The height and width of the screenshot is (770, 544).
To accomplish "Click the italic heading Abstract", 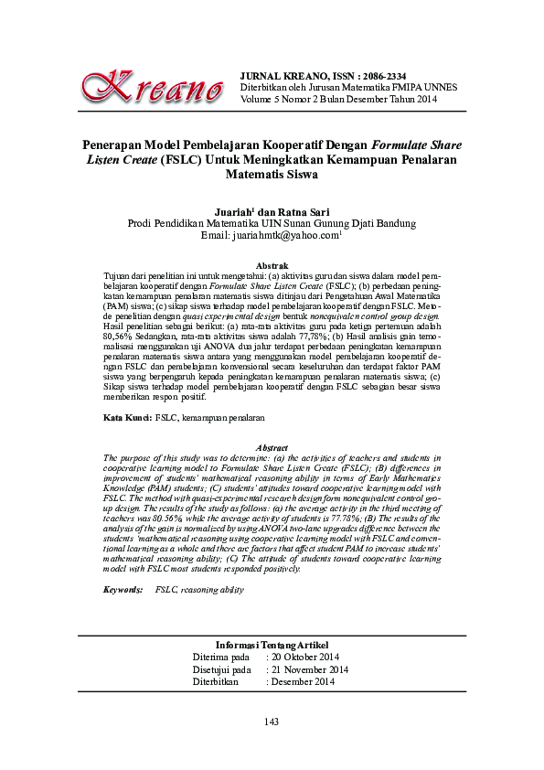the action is [272, 446].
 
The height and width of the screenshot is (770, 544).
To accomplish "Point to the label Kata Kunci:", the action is [127, 417].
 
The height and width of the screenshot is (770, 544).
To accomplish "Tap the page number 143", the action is [272, 723].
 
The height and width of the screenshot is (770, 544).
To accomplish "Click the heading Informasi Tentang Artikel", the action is [272, 645].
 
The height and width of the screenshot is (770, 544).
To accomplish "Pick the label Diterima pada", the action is [221, 658].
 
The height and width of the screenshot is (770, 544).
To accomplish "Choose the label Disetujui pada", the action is [222, 669].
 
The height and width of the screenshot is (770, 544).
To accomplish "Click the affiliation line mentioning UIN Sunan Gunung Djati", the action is [272, 222].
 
